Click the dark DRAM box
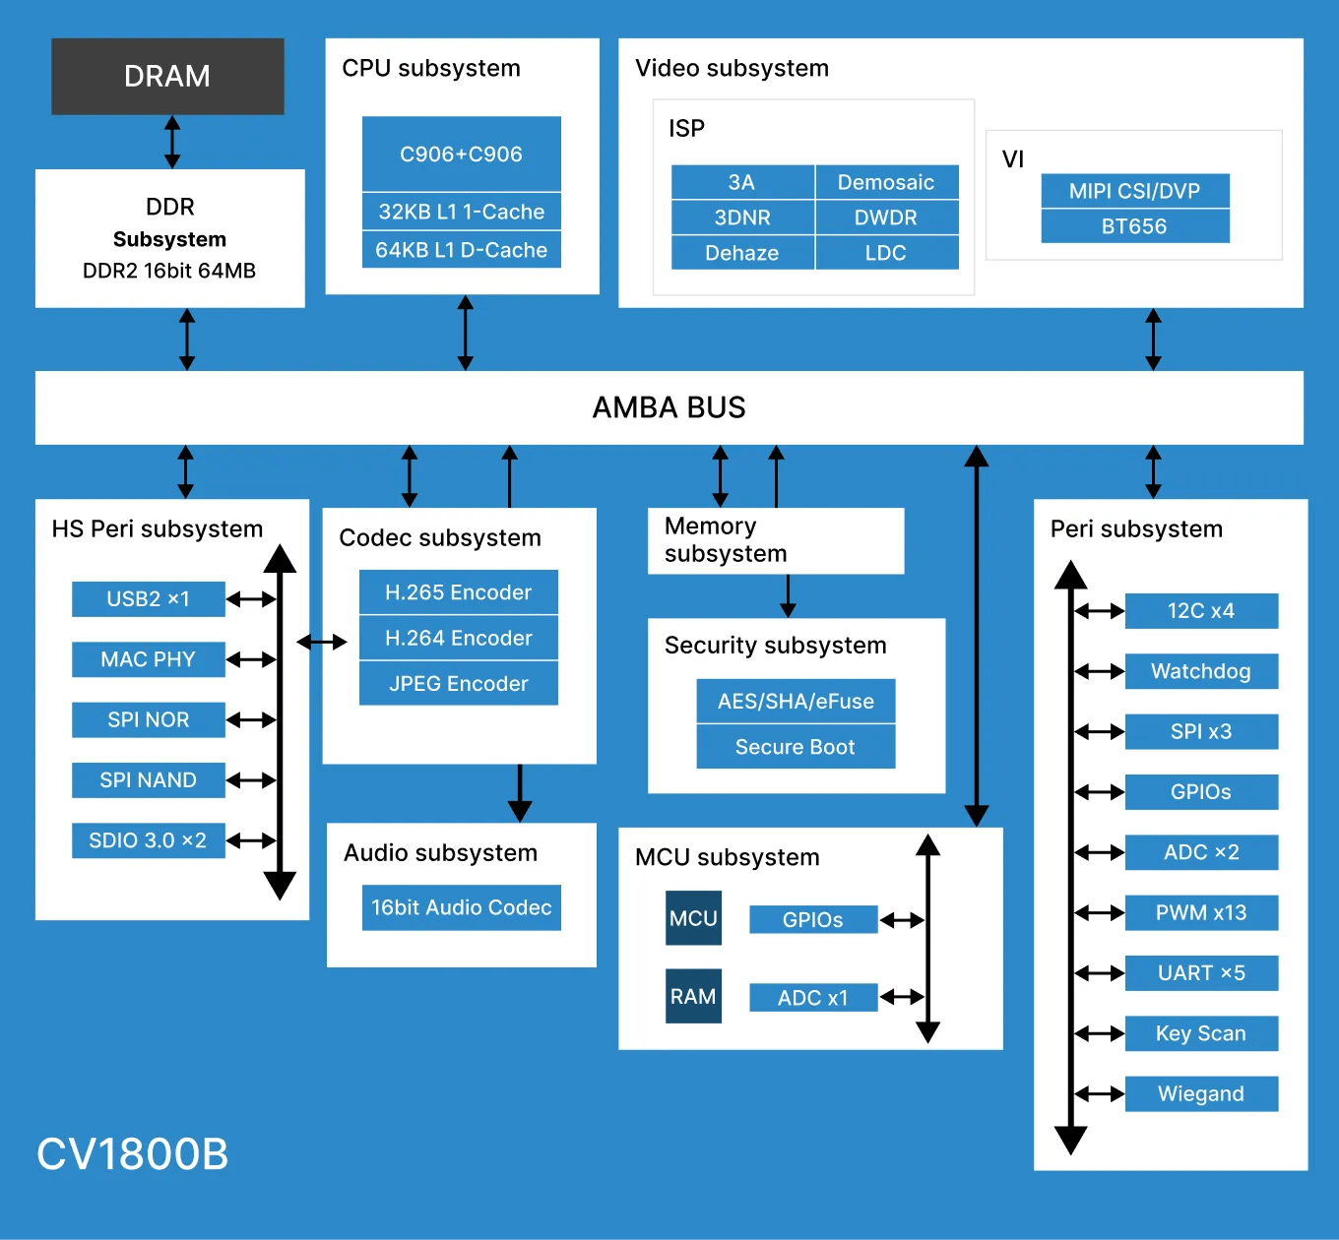tap(168, 76)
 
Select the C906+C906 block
tap(461, 154)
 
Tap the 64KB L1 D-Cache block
tap(461, 250)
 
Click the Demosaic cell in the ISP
tap(887, 182)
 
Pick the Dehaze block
tap(742, 253)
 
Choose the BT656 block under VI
tap(1135, 226)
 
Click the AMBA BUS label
tap(669, 407)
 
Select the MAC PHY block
tap(149, 659)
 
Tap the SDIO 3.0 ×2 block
tap(149, 840)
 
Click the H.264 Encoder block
tap(459, 638)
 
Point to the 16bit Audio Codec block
tap(461, 907)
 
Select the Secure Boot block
tap(796, 747)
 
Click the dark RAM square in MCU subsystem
tap(693, 996)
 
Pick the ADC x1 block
tap(813, 997)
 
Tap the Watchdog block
tap(1201, 671)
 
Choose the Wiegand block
tap(1201, 1093)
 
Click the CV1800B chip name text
tap(132, 1153)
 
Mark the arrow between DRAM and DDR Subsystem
tap(172, 142)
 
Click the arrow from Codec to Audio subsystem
tap(519, 793)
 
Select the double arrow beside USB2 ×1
tap(251, 599)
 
